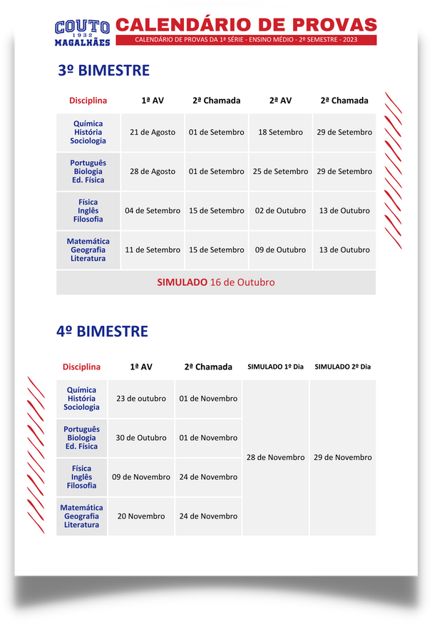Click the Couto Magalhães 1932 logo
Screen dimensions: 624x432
(x=82, y=33)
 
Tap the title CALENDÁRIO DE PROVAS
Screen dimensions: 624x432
(x=246, y=24)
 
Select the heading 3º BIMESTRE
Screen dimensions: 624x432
(x=104, y=71)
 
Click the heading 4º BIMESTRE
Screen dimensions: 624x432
(x=103, y=331)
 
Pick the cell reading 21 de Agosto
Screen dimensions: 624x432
(x=153, y=132)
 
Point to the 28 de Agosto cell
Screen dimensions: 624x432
(x=153, y=171)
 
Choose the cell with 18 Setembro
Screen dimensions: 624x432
(x=280, y=132)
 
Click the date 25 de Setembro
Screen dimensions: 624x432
(x=280, y=171)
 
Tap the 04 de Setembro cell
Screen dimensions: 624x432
(x=153, y=210)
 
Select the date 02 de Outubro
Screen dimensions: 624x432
(x=280, y=210)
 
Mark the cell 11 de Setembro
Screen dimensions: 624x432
(x=153, y=250)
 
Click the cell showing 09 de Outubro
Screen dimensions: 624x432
(x=280, y=250)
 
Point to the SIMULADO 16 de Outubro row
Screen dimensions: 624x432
(x=216, y=282)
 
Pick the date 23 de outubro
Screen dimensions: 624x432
(x=141, y=399)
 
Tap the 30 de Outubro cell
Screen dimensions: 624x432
(x=141, y=438)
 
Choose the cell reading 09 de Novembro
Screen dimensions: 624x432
(x=141, y=477)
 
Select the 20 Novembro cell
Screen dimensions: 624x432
(x=141, y=516)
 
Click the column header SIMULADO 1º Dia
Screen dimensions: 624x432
(x=275, y=367)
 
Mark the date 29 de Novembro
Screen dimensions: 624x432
(x=343, y=457)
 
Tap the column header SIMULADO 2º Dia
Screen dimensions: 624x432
(x=343, y=367)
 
